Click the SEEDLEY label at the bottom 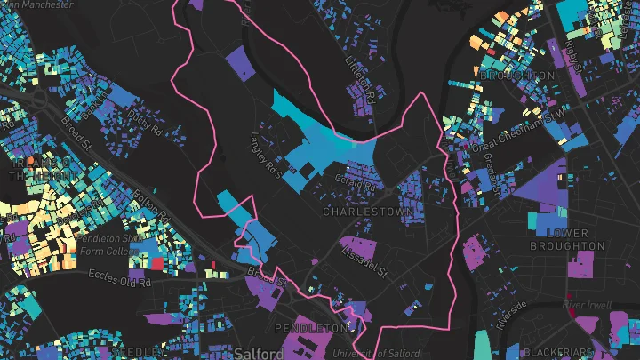tap(138, 353)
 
